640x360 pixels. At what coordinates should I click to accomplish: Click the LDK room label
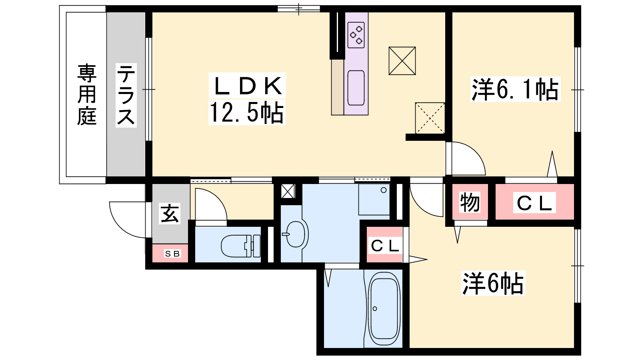[x=247, y=86]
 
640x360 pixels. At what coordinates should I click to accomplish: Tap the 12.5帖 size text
[x=247, y=112]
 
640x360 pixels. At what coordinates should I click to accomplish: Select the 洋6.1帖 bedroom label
[x=515, y=90]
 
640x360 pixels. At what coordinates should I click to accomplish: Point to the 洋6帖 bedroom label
[x=493, y=283]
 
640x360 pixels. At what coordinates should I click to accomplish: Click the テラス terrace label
[x=126, y=95]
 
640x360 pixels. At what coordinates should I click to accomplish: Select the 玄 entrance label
[x=170, y=213]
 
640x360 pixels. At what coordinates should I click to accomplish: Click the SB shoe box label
[x=172, y=254]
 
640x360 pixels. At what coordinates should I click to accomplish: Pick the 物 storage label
[x=470, y=202]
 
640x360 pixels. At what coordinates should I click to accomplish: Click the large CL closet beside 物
[x=534, y=202]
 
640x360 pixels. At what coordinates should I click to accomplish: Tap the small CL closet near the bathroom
[x=384, y=246]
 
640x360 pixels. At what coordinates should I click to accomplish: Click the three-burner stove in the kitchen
[x=356, y=35]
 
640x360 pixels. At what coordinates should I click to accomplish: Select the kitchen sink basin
[x=356, y=88]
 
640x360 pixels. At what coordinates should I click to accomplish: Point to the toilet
[x=240, y=246]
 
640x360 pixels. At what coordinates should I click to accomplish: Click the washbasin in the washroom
[x=296, y=234]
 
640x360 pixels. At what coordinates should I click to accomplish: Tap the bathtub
[x=384, y=309]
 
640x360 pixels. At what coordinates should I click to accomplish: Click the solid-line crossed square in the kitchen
[x=402, y=61]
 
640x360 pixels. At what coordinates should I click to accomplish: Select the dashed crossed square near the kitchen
[x=430, y=118]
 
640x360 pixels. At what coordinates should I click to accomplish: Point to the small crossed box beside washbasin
[x=288, y=191]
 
